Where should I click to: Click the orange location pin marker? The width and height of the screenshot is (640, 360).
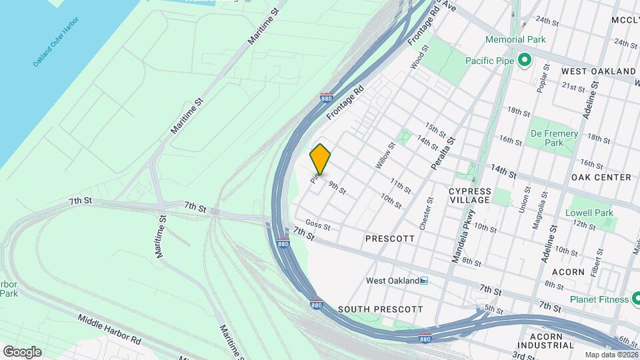(320, 159)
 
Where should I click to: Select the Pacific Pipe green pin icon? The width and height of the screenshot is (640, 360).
(524, 61)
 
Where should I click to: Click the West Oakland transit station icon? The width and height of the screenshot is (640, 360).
(423, 281)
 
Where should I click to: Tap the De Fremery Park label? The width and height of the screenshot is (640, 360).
(554, 138)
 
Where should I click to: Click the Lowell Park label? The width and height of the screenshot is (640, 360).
(589, 213)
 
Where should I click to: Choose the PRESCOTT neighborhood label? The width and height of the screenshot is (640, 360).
(390, 238)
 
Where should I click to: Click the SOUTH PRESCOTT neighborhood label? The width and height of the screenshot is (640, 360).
(380, 309)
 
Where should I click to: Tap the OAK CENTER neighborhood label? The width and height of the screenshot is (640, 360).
(601, 177)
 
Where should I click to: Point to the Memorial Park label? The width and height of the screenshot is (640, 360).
(515, 39)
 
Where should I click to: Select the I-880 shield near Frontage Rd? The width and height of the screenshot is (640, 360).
(326, 97)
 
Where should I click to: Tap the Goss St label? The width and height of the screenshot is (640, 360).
(318, 225)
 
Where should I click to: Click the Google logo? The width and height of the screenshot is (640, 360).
(22, 352)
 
